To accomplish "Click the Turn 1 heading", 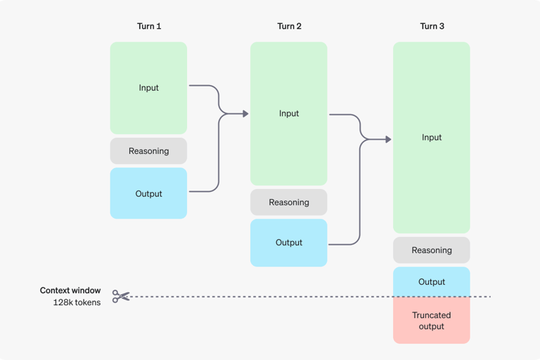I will [x=148, y=26].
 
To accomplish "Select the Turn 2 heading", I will [x=289, y=26].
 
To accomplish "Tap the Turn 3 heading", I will [x=432, y=26].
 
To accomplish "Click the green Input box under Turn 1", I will [x=148, y=88].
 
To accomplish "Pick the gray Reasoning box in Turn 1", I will [x=148, y=151].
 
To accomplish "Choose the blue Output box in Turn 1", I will [x=148, y=193].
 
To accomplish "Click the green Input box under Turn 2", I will [x=289, y=113].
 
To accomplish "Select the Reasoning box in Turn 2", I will [x=289, y=202].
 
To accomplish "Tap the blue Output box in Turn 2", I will [x=289, y=243].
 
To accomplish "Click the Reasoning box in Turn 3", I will [x=432, y=250].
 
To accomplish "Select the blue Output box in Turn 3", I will [x=432, y=281].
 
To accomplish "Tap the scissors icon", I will [x=121, y=297].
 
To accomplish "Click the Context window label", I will [x=70, y=290].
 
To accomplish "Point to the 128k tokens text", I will [x=77, y=302].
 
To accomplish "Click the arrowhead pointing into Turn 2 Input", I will [x=245, y=113].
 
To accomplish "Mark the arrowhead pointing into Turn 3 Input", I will [x=387, y=139].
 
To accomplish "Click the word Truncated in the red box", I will [x=432, y=315].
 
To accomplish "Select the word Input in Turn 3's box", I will [x=432, y=138].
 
